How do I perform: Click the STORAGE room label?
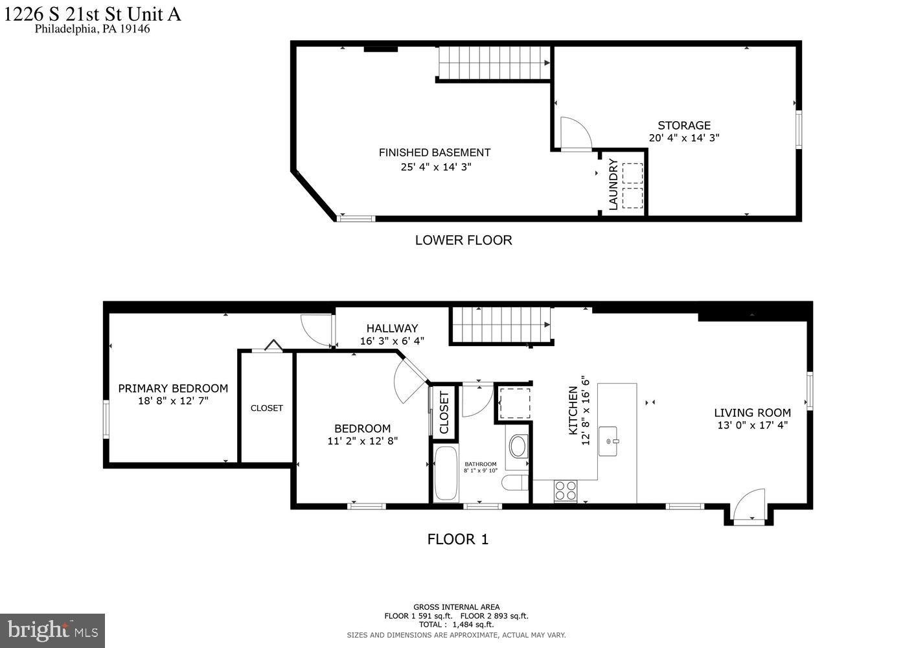[684, 125]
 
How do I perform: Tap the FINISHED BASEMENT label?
[434, 152]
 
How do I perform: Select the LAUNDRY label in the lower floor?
[613, 185]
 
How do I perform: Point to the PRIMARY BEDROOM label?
[173, 388]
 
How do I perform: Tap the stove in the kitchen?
[565, 491]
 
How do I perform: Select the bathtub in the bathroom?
[445, 474]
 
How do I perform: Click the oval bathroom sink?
[518, 446]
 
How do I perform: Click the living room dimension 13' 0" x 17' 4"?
[752, 425]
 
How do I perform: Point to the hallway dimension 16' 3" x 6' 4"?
[392, 341]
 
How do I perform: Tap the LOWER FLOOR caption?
[463, 240]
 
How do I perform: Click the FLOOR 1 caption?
[457, 538]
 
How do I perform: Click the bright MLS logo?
[52, 630]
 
